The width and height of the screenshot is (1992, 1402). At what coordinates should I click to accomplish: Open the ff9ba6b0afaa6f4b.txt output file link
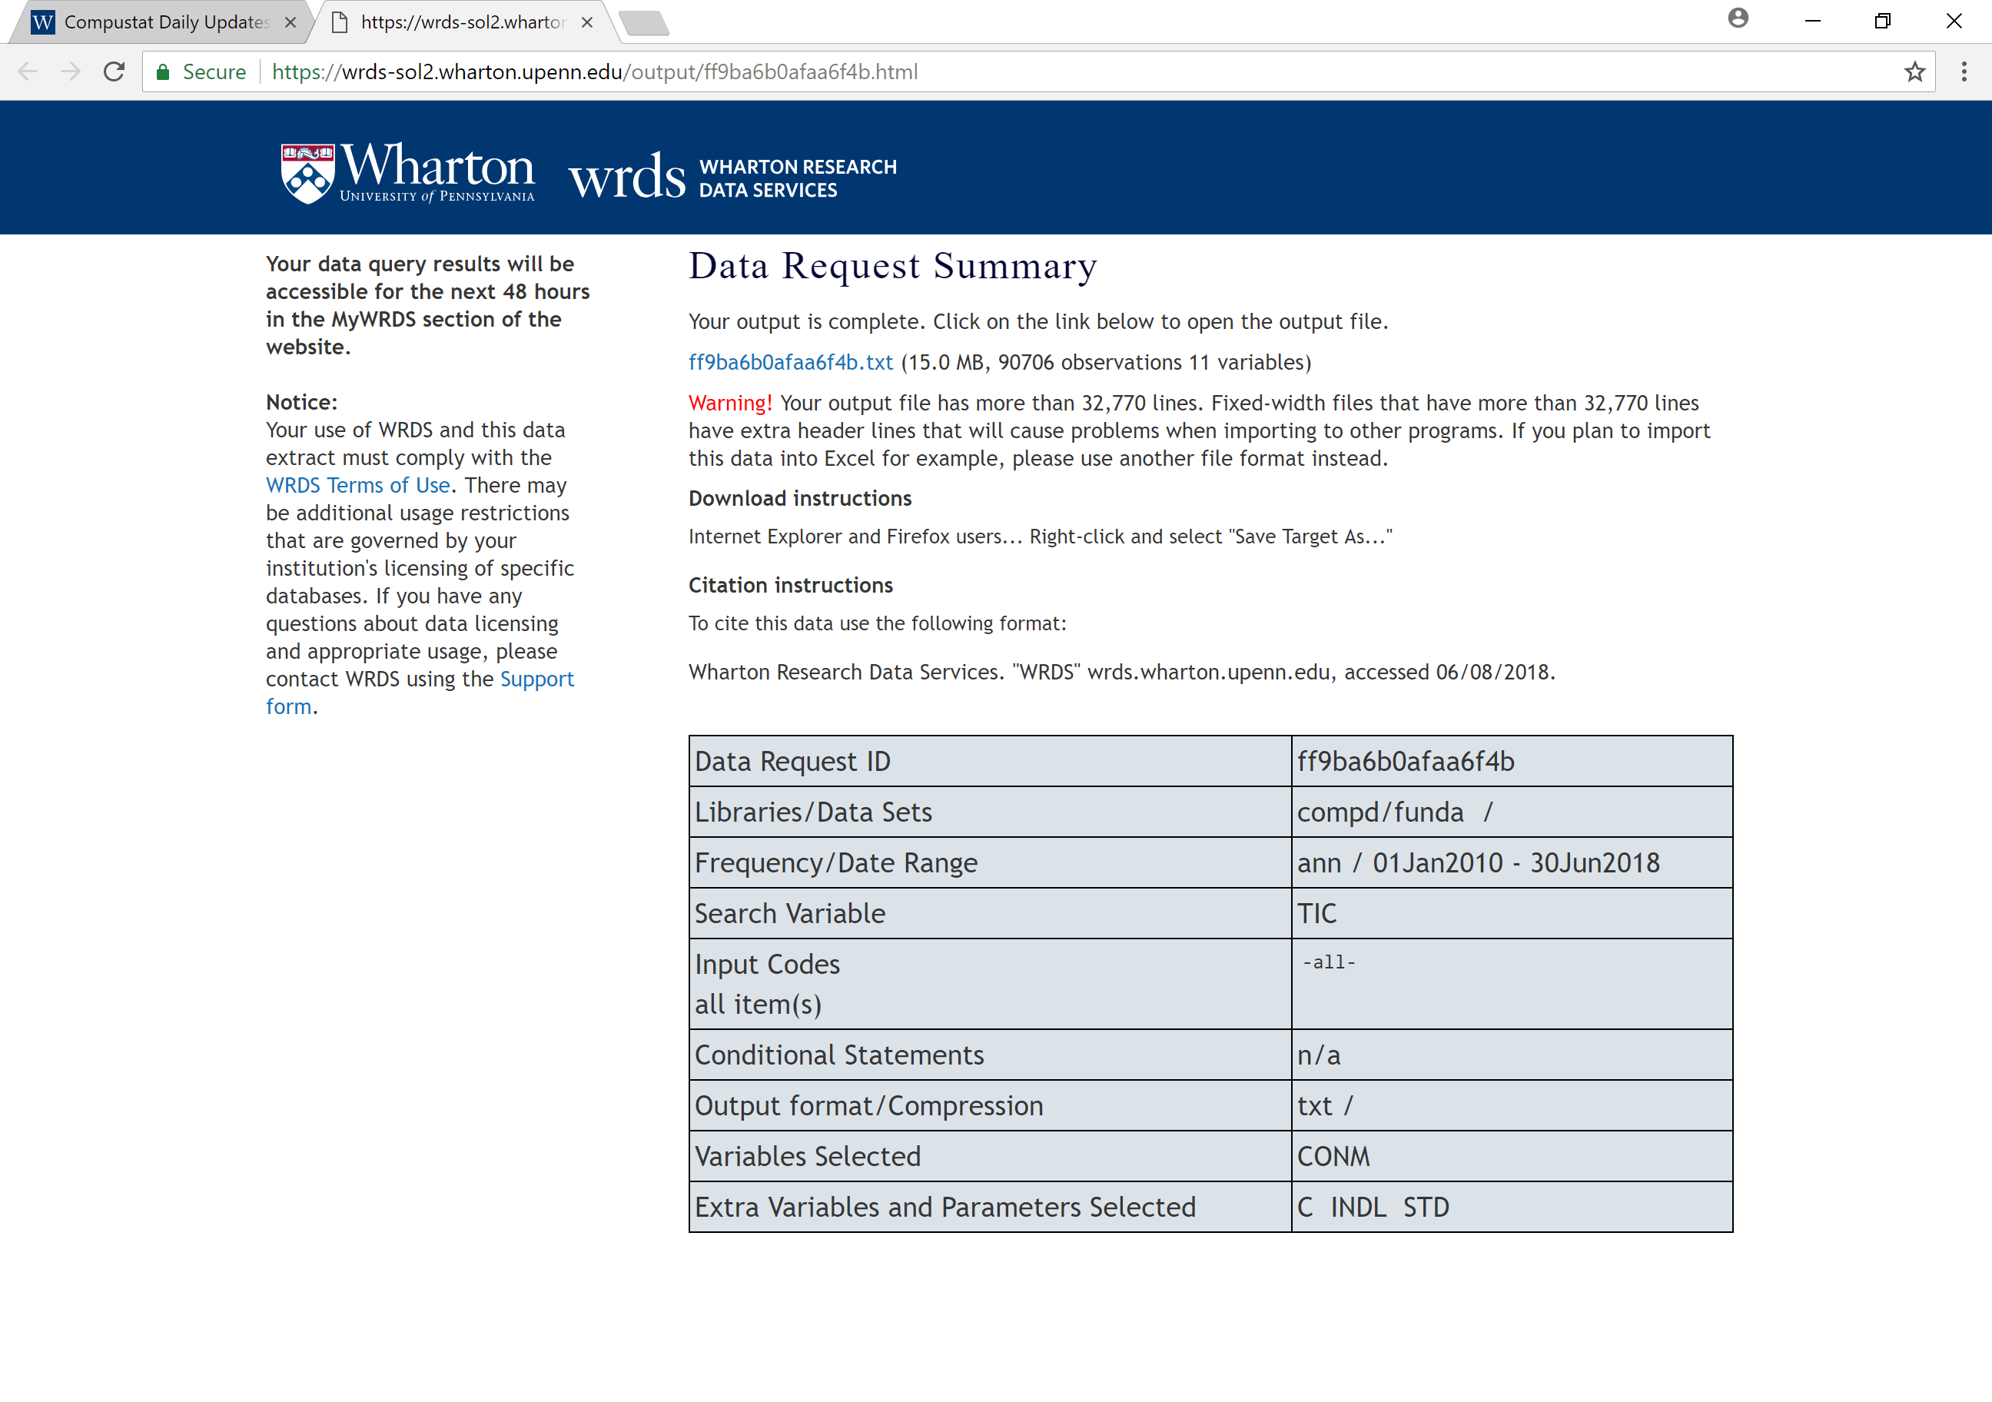click(x=789, y=363)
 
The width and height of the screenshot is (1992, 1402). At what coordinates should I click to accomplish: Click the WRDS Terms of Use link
click(x=357, y=486)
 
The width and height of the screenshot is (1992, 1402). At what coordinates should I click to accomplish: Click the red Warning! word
click(x=729, y=404)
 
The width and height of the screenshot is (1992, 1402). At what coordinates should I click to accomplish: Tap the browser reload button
click(x=115, y=72)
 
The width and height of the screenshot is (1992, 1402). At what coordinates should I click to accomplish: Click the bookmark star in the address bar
click(x=1915, y=72)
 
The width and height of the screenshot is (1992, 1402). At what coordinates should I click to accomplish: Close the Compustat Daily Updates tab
click(x=290, y=22)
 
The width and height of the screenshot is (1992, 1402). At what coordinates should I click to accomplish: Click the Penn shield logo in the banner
click(x=307, y=174)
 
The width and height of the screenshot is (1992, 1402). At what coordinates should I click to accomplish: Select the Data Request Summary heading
click(x=892, y=267)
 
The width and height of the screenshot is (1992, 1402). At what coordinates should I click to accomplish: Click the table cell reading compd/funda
click(x=1379, y=812)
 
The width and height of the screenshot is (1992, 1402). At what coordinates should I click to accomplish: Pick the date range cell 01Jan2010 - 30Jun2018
click(x=1515, y=863)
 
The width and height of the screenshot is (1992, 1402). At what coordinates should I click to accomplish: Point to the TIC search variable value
click(x=1316, y=914)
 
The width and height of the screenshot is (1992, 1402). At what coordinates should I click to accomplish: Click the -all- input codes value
click(x=1327, y=963)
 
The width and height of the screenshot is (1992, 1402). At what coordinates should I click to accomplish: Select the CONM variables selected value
click(x=1333, y=1157)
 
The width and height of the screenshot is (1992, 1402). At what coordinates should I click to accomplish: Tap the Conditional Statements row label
click(x=838, y=1055)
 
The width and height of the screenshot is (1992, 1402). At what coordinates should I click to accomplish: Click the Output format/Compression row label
click(x=868, y=1106)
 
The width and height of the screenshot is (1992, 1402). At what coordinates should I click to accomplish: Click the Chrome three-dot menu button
click(x=1964, y=72)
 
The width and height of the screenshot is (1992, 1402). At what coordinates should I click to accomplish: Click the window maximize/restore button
click(x=1882, y=22)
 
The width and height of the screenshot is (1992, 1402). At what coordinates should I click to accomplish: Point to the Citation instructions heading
click(x=789, y=586)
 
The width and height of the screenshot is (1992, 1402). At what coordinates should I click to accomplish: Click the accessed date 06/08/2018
click(x=1492, y=673)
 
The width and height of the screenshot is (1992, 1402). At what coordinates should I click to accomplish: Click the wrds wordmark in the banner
click(x=626, y=177)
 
